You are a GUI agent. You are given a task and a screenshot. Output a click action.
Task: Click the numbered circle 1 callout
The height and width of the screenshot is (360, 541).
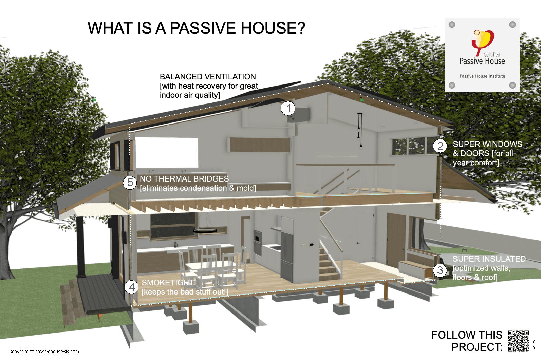coord(288,109)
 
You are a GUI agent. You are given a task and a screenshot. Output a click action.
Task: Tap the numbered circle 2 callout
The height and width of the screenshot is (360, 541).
coord(440,146)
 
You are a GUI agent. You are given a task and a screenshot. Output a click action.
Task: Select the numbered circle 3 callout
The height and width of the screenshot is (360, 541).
coord(440,270)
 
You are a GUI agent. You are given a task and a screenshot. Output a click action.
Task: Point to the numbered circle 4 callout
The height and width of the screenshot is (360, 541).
coord(132,287)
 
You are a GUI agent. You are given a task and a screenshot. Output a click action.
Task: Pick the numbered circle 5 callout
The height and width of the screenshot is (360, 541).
coord(130,183)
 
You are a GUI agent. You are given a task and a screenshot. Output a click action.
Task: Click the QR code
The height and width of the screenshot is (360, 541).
coord(518,341)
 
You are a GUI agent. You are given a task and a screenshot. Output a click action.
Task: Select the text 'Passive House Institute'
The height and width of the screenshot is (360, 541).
coord(482,76)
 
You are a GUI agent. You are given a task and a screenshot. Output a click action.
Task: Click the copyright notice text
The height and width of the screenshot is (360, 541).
coord(44,352)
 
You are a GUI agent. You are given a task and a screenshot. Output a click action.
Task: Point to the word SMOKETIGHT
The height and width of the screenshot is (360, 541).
coord(168,283)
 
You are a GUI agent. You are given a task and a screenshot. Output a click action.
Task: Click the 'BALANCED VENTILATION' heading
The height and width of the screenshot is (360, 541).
coord(208,77)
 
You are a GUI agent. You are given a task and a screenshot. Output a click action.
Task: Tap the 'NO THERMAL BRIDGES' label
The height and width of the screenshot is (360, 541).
coord(184,179)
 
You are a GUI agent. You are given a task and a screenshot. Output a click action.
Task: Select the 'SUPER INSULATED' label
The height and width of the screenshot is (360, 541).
coord(489,259)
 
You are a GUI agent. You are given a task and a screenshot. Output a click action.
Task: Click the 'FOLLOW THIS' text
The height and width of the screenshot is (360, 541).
coord(467,335)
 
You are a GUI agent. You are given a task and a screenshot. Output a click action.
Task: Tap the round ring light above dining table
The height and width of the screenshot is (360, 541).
coord(205,231)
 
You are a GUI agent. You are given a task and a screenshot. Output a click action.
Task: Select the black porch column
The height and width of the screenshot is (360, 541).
coord(80,248)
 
